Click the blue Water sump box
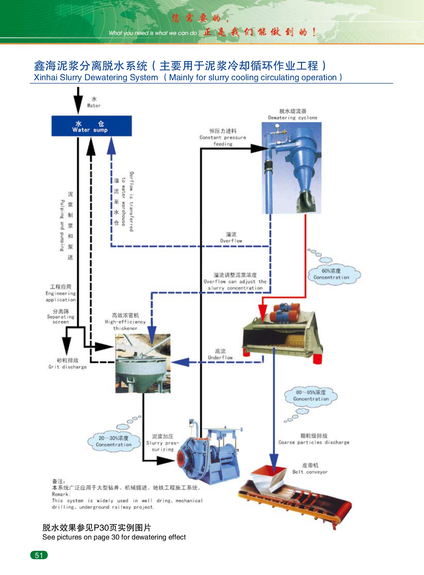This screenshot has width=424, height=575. [x=92, y=126]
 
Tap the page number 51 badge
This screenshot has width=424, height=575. [x=39, y=555]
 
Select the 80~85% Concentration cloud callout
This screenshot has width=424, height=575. [x=311, y=396]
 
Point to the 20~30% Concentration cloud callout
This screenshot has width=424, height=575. [x=113, y=441]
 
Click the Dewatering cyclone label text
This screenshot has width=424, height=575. [x=292, y=115]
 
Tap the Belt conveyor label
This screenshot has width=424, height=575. [x=310, y=469]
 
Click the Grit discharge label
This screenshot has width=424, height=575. [x=68, y=364]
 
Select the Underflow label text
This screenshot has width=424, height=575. [x=220, y=354]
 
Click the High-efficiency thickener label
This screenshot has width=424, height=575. [x=125, y=322]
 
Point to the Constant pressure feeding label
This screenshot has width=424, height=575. [x=223, y=137]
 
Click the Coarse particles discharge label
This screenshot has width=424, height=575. [x=314, y=439]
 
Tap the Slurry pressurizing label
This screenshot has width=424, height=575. [x=163, y=443]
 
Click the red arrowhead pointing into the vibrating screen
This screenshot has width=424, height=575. [x=262, y=312]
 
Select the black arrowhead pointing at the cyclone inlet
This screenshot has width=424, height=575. [x=260, y=148]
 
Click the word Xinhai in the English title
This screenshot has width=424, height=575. [x=45, y=78]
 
